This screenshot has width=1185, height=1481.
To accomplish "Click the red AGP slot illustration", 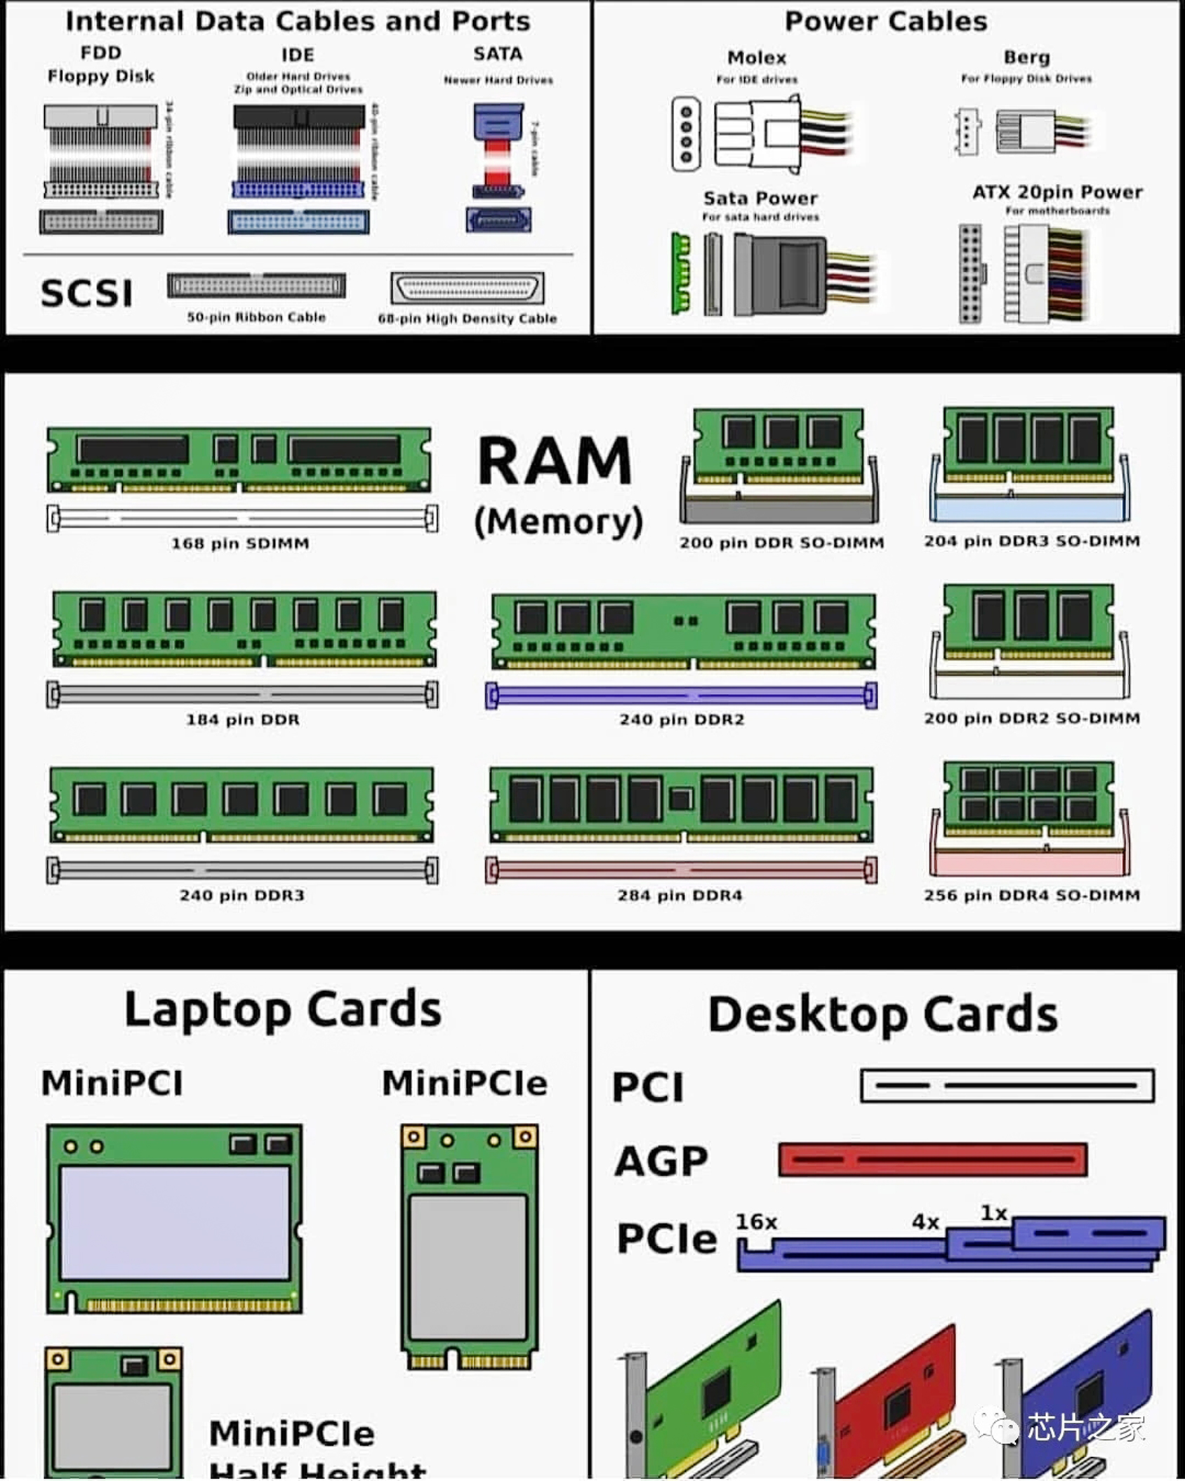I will [x=932, y=1160].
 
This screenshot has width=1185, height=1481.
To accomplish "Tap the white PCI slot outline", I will [x=1007, y=1085].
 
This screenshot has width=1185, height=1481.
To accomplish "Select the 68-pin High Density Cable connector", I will [x=467, y=288].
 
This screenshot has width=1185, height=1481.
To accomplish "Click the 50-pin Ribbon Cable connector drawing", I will [x=256, y=286].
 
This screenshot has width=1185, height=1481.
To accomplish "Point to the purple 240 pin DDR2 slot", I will [x=681, y=695].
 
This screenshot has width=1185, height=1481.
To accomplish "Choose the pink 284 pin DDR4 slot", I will [x=681, y=870].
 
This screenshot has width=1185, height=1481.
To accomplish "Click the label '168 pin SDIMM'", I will [x=240, y=543].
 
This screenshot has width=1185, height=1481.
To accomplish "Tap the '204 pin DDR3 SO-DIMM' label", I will [x=1031, y=541].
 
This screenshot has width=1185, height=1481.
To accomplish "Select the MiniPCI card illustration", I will [x=174, y=1218].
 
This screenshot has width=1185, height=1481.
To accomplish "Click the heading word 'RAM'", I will [x=555, y=461].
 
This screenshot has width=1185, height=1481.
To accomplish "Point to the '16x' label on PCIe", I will [x=756, y=1222].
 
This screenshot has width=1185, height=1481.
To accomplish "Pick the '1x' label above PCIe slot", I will [x=993, y=1213].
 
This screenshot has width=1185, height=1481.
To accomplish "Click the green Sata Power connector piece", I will [x=680, y=273].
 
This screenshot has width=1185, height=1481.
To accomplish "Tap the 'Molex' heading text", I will [x=756, y=58].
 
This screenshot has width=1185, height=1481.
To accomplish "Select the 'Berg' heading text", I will [x=1026, y=57].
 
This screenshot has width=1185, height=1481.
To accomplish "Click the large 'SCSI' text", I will [x=86, y=293].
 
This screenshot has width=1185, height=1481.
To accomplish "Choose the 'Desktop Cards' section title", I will [x=882, y=1014].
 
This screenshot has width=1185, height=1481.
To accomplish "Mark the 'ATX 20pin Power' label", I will [x=1057, y=192].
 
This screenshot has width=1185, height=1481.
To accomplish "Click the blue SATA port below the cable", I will [x=498, y=220].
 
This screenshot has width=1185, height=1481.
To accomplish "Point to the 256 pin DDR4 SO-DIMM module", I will [x=1029, y=800].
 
